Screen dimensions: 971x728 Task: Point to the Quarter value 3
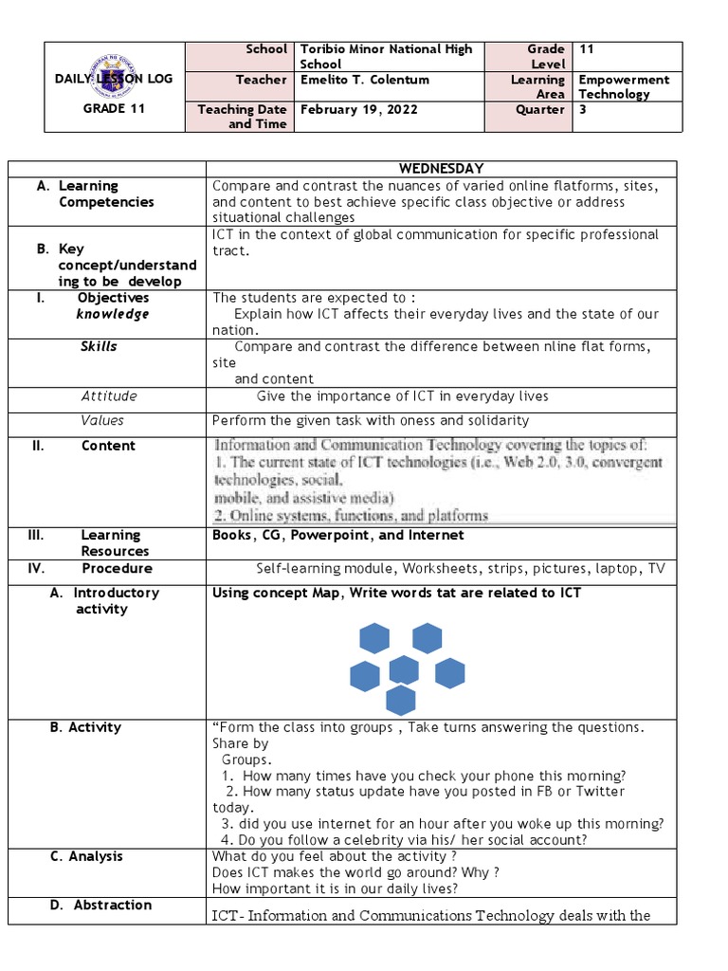tap(582, 109)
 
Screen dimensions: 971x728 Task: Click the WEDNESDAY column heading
tap(441, 169)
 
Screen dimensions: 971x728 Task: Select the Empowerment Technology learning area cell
tap(623, 87)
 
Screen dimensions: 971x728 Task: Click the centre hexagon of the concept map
tap(404, 670)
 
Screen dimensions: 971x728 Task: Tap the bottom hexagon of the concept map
tap(401, 701)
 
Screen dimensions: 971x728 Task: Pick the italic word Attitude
tap(109, 396)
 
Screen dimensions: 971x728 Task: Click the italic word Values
tap(102, 420)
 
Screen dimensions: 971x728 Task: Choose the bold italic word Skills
tap(99, 347)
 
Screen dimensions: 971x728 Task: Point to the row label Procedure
tap(117, 569)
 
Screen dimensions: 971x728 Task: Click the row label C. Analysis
tap(86, 856)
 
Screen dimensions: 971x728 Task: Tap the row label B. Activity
tap(85, 727)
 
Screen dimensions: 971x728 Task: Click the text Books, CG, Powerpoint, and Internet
tap(338, 536)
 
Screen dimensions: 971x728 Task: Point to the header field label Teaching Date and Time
tap(242, 117)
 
